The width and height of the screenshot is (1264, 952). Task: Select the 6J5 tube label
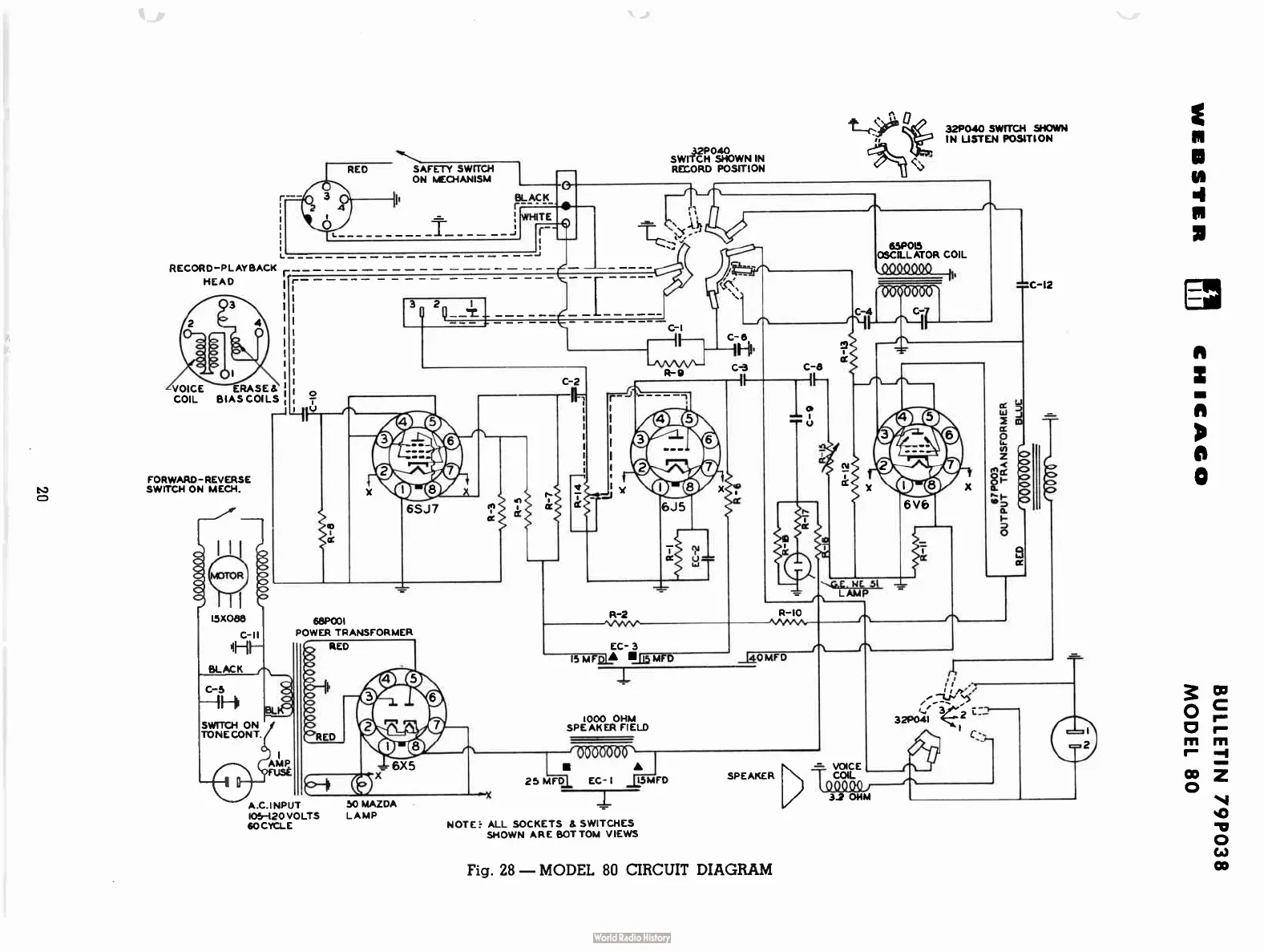[x=672, y=508]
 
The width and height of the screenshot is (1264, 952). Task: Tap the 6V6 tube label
[x=915, y=506]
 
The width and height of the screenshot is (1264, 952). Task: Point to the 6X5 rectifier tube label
[x=403, y=766]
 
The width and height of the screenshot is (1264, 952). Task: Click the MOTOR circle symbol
[x=227, y=575]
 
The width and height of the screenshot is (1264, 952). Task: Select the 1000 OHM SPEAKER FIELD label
[x=607, y=723]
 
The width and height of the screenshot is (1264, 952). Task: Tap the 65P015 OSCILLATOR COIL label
[x=921, y=250]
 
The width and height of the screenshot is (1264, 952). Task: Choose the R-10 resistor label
[x=789, y=613]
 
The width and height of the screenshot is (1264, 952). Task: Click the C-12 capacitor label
[x=1040, y=285]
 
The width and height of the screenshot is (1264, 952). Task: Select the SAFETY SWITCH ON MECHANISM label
[x=453, y=174]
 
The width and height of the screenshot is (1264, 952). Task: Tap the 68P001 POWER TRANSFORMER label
[x=353, y=626]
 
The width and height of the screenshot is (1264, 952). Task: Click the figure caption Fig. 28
[x=619, y=869]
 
